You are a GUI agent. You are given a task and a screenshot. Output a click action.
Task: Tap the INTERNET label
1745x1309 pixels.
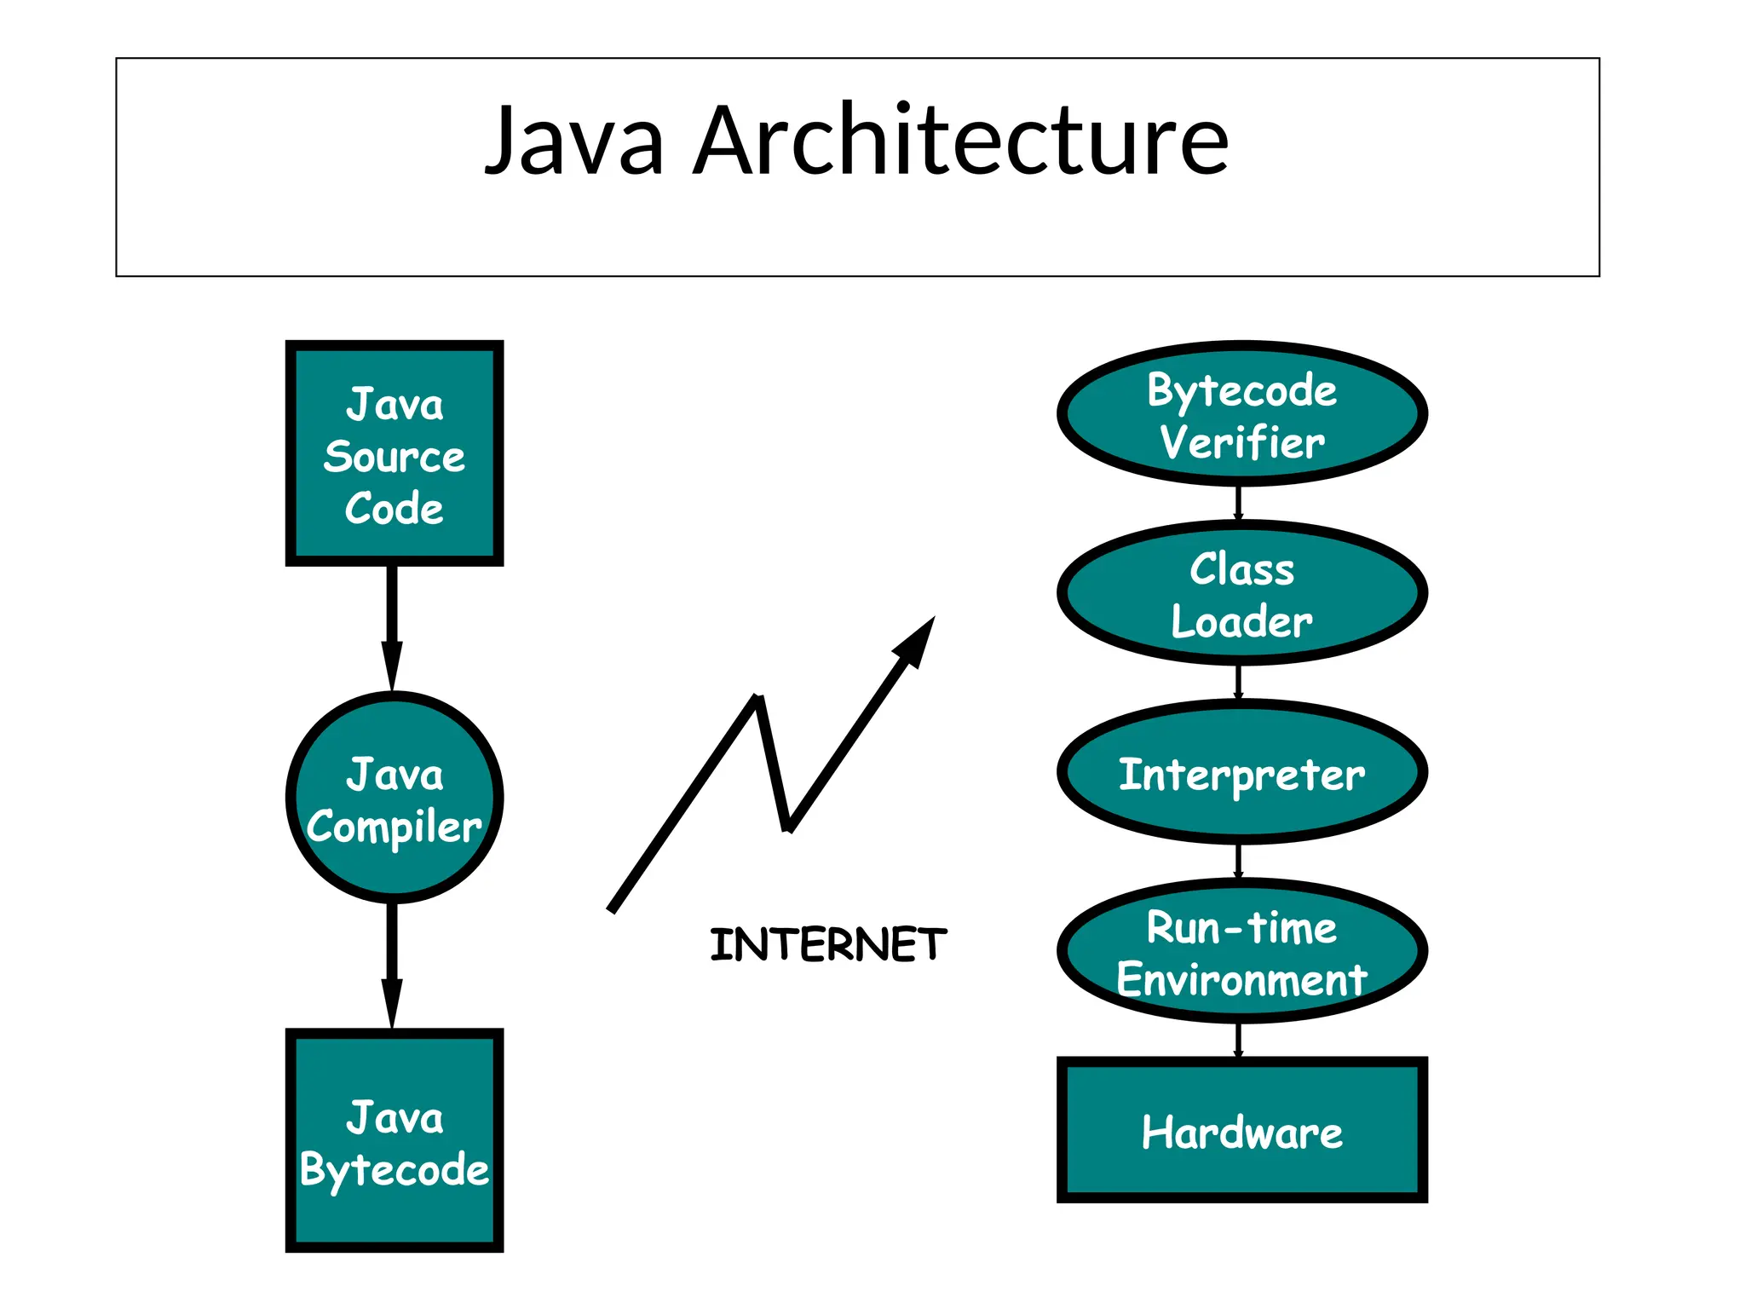(827, 945)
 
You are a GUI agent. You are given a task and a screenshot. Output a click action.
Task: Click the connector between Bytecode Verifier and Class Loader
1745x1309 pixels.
(1239, 503)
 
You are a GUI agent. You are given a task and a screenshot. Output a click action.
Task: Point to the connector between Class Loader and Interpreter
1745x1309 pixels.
(1239, 682)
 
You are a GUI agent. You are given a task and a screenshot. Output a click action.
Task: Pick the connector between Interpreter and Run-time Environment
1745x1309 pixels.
(1239, 861)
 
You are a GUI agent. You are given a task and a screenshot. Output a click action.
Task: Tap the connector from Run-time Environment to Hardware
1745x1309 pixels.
(1239, 1040)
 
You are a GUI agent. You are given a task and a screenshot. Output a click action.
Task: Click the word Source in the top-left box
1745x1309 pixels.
(394, 458)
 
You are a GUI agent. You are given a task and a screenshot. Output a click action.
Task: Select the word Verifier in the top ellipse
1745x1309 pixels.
(1241, 443)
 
